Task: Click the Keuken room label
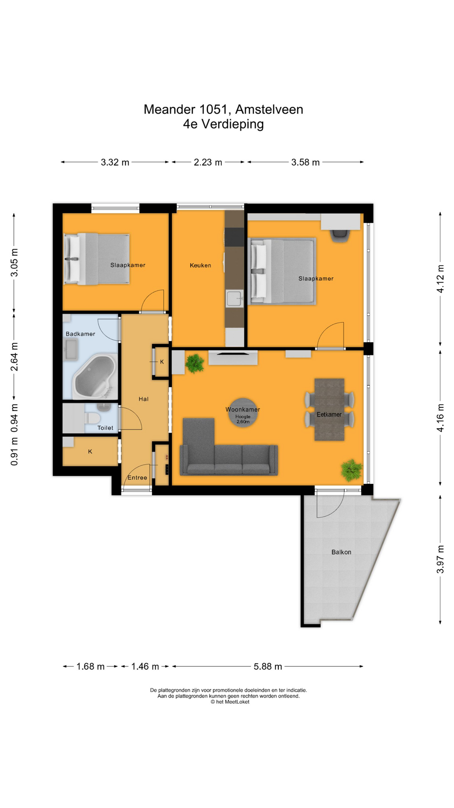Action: click(x=200, y=265)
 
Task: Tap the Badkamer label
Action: click(x=80, y=334)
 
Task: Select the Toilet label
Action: click(x=105, y=428)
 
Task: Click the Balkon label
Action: click(x=341, y=552)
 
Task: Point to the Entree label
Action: click(x=137, y=477)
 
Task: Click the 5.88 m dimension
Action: click(x=268, y=666)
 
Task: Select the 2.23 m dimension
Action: click(x=208, y=162)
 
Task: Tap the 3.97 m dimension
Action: click(x=440, y=559)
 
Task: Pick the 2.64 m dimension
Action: click(x=14, y=356)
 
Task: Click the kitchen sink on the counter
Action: click(x=234, y=298)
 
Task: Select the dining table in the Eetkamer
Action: click(x=329, y=409)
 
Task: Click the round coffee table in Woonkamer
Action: click(x=243, y=413)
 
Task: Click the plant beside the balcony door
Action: click(x=351, y=470)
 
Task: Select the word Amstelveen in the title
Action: click(x=269, y=109)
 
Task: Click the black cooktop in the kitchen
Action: click(x=234, y=237)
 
